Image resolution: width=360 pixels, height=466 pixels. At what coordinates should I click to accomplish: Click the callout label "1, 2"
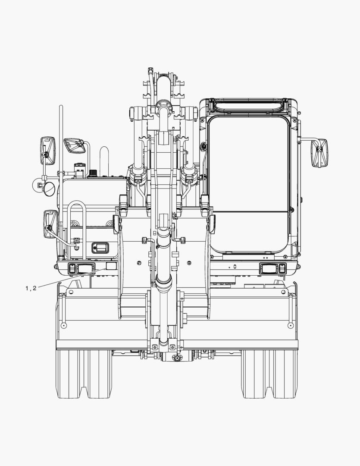pyautogui.click(x=31, y=288)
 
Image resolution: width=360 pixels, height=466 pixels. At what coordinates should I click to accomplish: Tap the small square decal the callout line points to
pyautogui.click(x=111, y=266)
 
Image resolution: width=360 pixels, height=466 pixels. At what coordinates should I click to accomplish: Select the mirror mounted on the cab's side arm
pyautogui.click(x=319, y=153)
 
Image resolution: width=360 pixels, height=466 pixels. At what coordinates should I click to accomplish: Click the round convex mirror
pyautogui.click(x=50, y=189)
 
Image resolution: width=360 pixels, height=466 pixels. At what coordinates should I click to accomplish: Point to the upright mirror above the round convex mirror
pyautogui.click(x=47, y=151)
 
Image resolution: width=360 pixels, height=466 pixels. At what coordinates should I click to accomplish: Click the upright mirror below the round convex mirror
pyautogui.click(x=50, y=224)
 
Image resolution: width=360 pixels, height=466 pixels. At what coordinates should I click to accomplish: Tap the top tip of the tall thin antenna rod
pyautogui.click(x=61, y=106)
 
